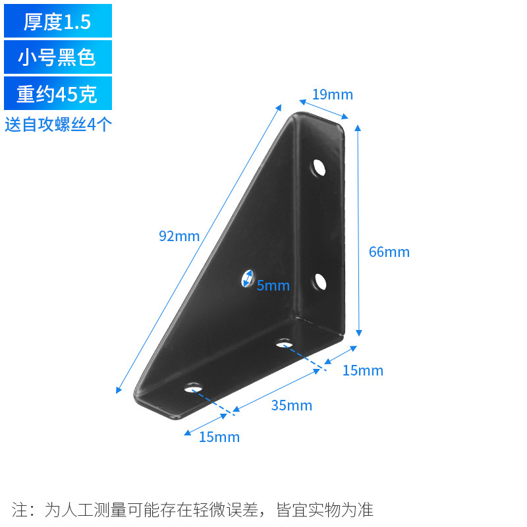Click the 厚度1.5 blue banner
[x=57, y=21]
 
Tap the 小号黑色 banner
[x=57, y=57]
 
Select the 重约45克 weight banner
[x=57, y=94]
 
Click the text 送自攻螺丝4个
[x=58, y=125]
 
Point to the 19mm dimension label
[x=333, y=95]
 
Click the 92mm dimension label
[x=179, y=236]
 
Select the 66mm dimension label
[x=389, y=252]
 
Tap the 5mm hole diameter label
[x=273, y=285]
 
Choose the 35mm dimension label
[x=291, y=405]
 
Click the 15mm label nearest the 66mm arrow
[x=362, y=371]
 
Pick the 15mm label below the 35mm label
[x=219, y=437]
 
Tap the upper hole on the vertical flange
[x=319, y=167]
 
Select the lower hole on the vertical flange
[x=319, y=281]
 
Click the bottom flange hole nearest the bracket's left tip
[x=193, y=387]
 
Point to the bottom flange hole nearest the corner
[x=284, y=343]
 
